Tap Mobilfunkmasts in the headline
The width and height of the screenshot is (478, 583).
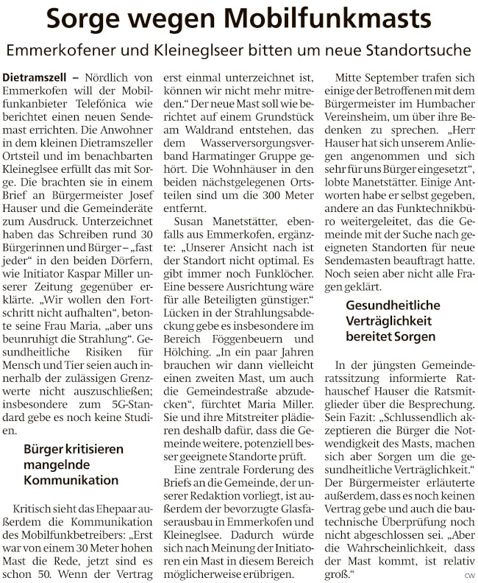pos(327,20)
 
